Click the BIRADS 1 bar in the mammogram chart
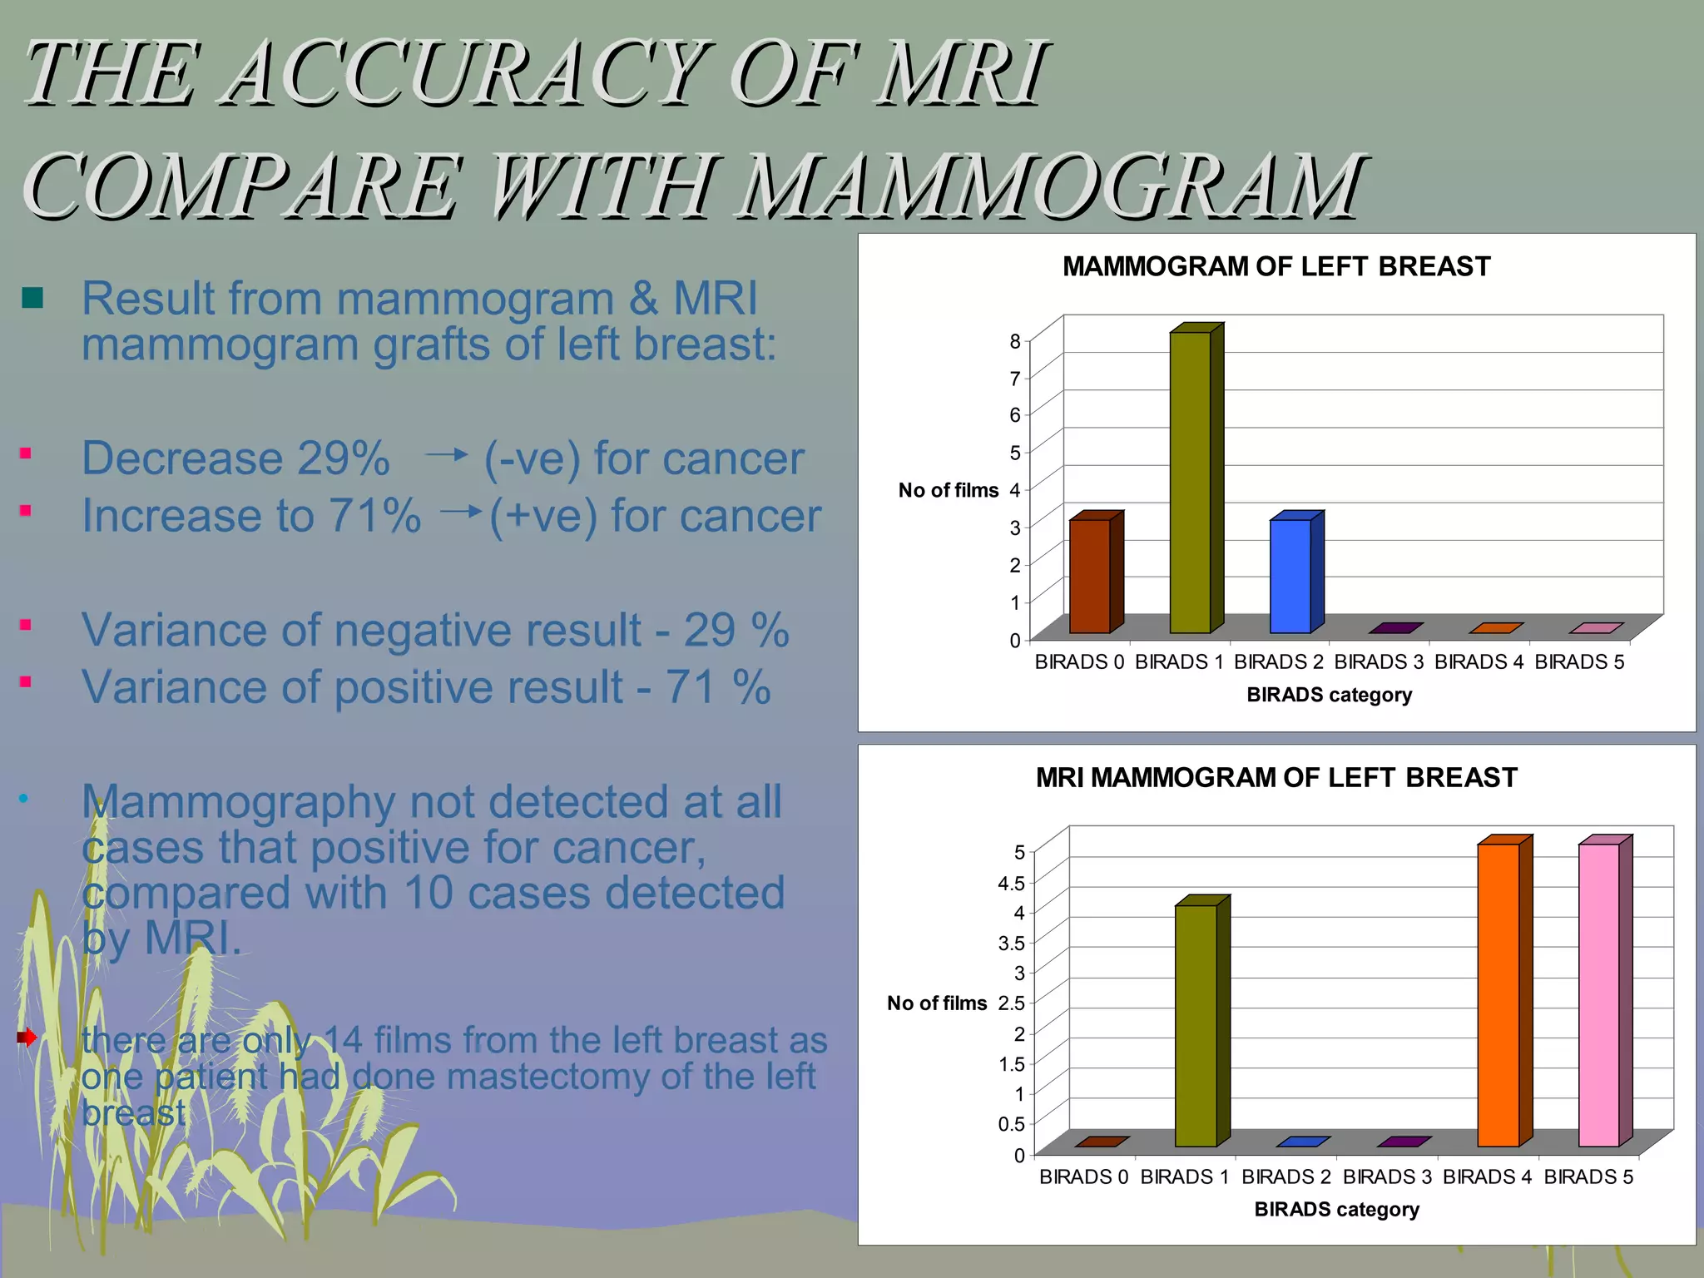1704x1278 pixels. pos(1191,483)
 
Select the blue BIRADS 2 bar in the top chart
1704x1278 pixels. pos(1290,576)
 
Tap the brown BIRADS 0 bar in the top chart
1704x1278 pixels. pos(1090,576)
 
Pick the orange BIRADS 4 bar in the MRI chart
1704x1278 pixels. pos(1498,995)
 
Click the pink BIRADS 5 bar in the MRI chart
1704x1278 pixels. pos(1599,995)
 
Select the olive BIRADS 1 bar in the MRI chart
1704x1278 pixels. pos(1196,1025)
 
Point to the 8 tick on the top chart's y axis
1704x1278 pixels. pos(1014,341)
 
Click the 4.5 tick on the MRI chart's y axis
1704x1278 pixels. pos(1011,883)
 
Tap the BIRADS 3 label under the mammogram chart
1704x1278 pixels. pos(1379,662)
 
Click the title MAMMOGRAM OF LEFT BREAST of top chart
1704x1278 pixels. pos(1276,266)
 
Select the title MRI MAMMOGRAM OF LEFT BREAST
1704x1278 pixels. pos(1276,777)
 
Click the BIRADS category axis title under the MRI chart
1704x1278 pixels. pos(1336,1209)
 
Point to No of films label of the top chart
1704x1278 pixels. pos(948,490)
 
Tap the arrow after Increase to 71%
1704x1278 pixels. pos(460,511)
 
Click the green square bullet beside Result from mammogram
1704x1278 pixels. pos(32,297)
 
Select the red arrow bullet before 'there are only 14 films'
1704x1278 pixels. pos(27,1037)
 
